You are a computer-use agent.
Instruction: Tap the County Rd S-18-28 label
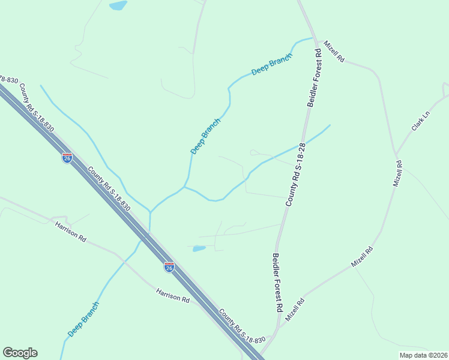click(295, 175)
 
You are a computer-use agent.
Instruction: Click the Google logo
click(20, 353)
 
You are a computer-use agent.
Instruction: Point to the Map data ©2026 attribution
click(423, 355)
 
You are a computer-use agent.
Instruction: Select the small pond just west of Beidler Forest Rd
click(199, 248)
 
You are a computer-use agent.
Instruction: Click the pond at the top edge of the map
click(118, 6)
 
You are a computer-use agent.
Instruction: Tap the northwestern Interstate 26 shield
click(67, 158)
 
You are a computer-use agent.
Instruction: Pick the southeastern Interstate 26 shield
click(169, 266)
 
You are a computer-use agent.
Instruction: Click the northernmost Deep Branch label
click(272, 64)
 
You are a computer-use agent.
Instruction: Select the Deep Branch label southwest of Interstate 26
click(83, 319)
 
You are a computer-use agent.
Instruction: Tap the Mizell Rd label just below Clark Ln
click(397, 173)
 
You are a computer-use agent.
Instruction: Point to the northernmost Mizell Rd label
click(333, 52)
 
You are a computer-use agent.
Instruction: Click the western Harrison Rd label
click(70, 231)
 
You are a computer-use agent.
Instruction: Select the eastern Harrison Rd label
click(173, 295)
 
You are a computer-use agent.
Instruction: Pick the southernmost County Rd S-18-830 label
click(241, 327)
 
